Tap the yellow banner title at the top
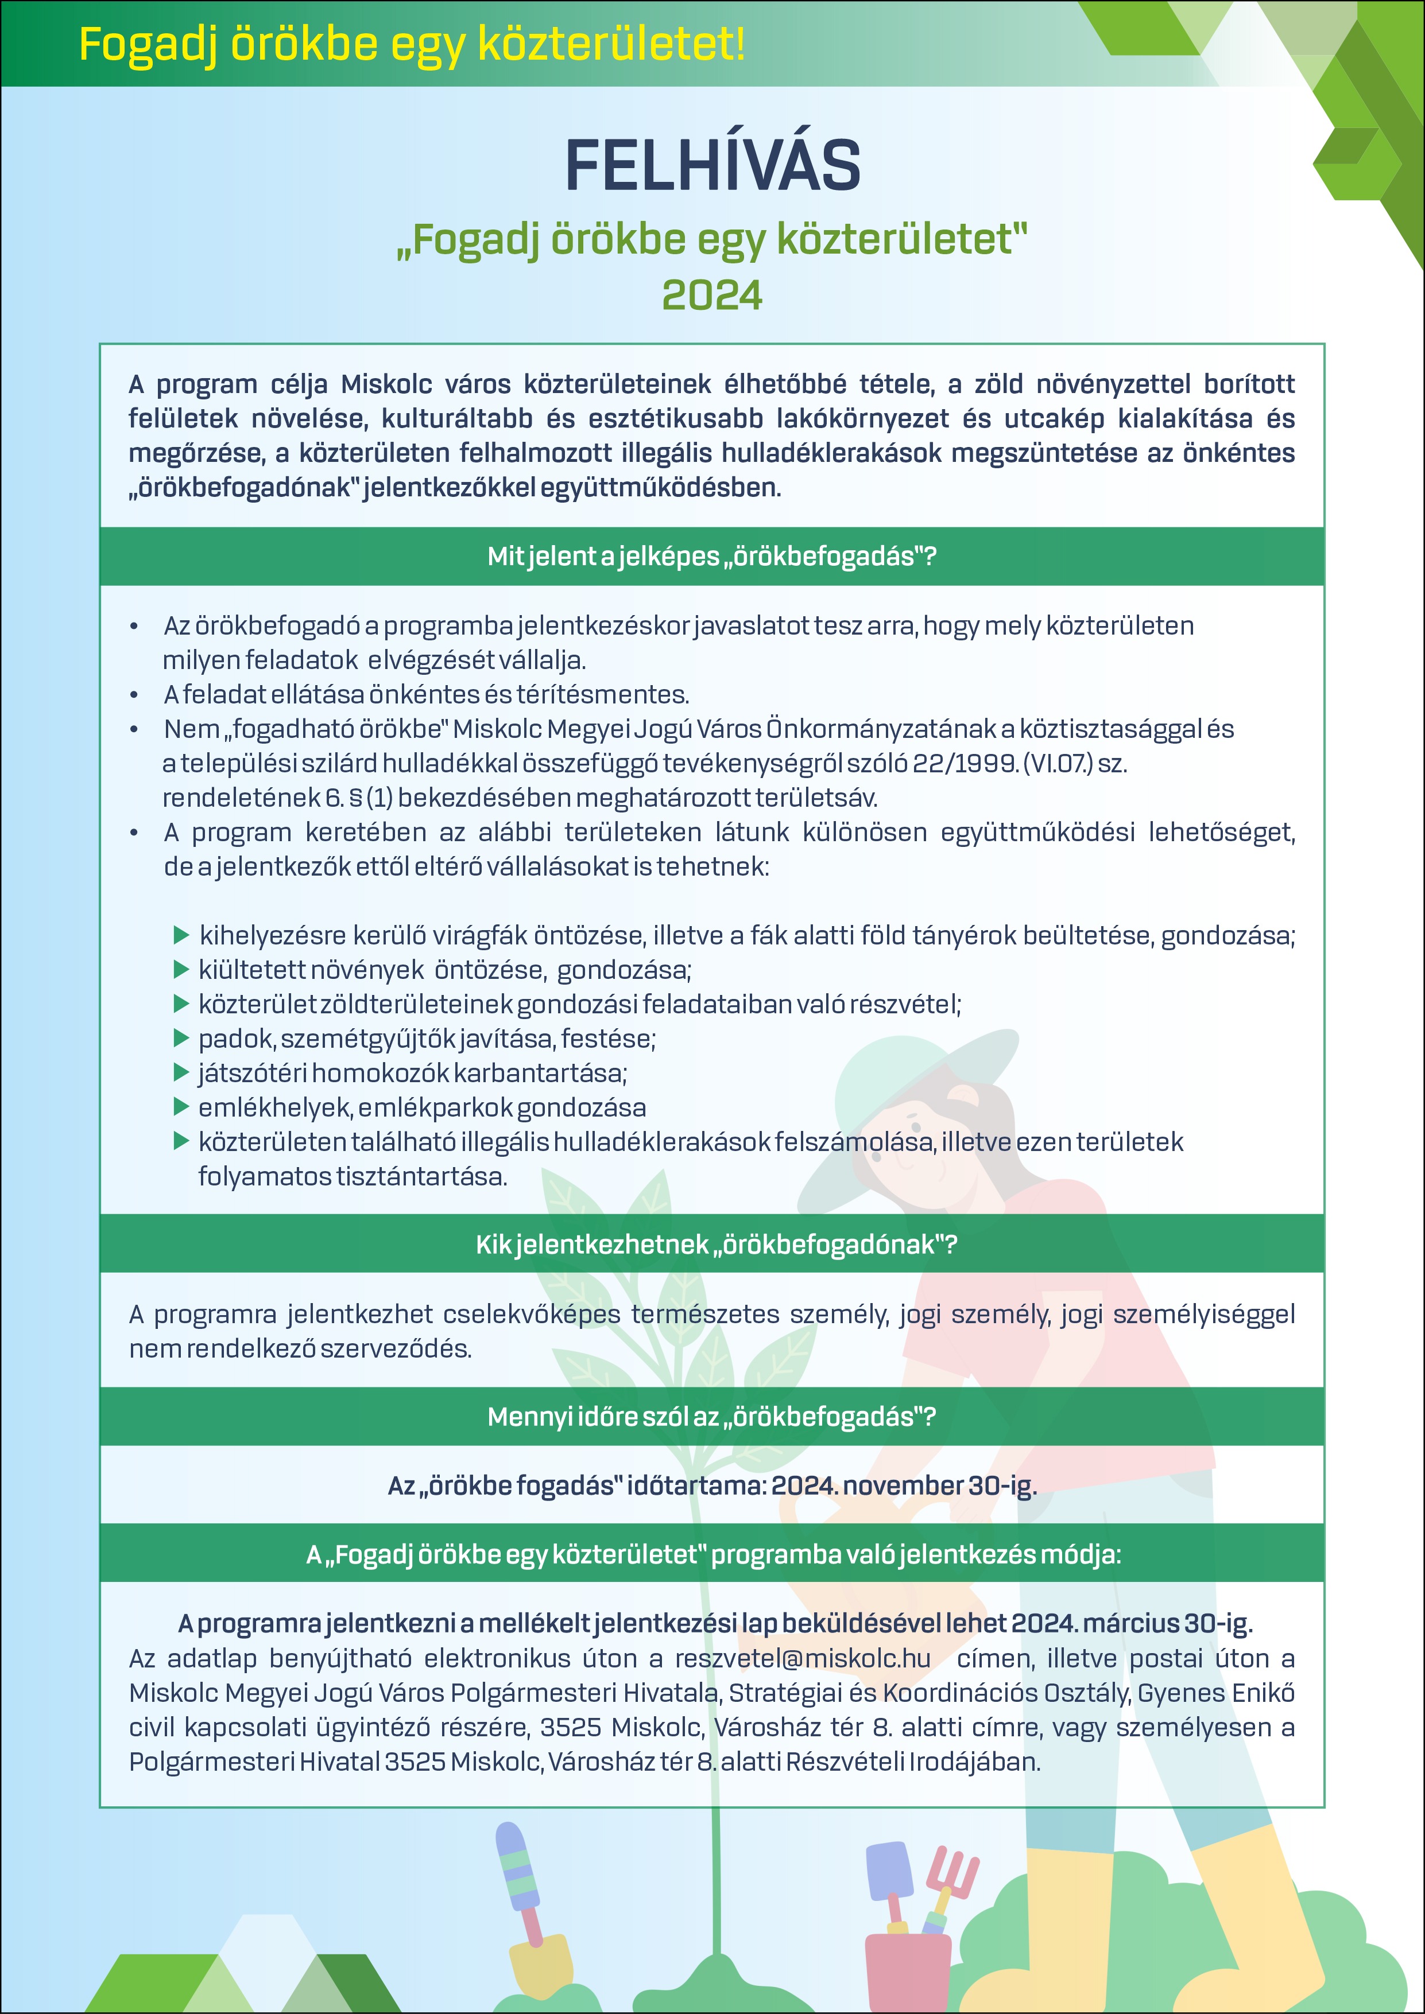pos(412,44)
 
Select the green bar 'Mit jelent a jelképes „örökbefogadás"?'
pos(711,556)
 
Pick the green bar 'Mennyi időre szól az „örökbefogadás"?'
pos(711,1417)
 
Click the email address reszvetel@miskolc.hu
pos(802,1659)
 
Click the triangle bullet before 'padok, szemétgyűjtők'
pos(181,1039)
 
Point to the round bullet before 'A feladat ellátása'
pos(134,695)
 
